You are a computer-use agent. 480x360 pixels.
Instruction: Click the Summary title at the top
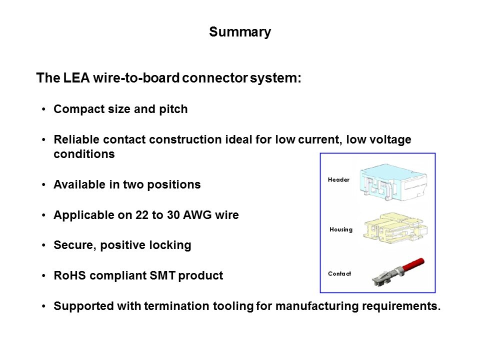(x=240, y=32)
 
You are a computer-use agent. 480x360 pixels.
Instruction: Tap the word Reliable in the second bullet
(x=75, y=139)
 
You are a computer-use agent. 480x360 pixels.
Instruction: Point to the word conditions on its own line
(x=84, y=154)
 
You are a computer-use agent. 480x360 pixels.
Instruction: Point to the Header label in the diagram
(x=338, y=179)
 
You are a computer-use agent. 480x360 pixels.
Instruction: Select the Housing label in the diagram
(x=341, y=229)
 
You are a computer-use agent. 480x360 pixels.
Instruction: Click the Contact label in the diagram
(x=339, y=273)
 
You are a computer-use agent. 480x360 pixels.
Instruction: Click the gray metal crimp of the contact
(x=383, y=278)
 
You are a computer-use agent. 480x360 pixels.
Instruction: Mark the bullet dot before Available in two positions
(x=44, y=185)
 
